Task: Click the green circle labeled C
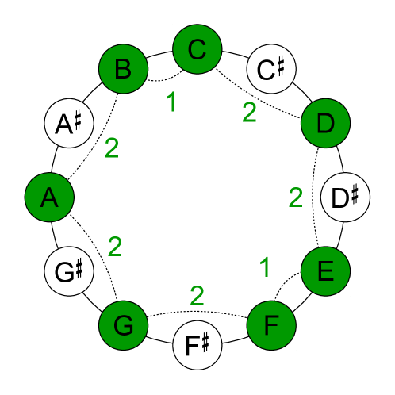click(197, 50)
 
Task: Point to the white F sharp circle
click(197, 344)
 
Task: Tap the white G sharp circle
click(70, 271)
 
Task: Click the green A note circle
click(50, 197)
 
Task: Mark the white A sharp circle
click(70, 124)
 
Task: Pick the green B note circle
click(124, 70)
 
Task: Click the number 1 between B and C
click(170, 102)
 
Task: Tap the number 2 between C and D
click(249, 113)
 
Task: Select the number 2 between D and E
click(296, 197)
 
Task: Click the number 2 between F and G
click(197, 296)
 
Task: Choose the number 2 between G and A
click(114, 247)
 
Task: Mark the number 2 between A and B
click(111, 148)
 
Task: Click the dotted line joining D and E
click(316, 198)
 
